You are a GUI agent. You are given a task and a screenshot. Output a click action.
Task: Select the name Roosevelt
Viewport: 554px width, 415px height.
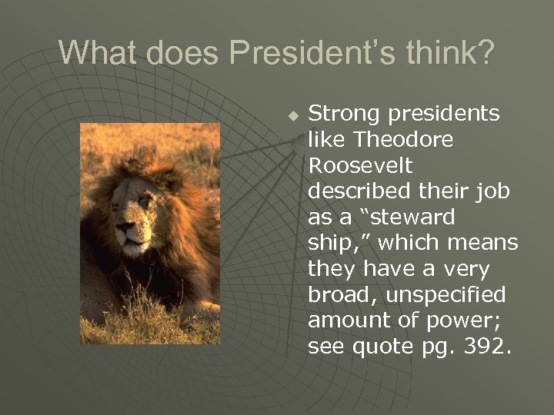click(359, 166)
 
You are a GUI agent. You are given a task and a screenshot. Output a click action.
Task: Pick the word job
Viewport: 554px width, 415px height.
click(492, 191)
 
